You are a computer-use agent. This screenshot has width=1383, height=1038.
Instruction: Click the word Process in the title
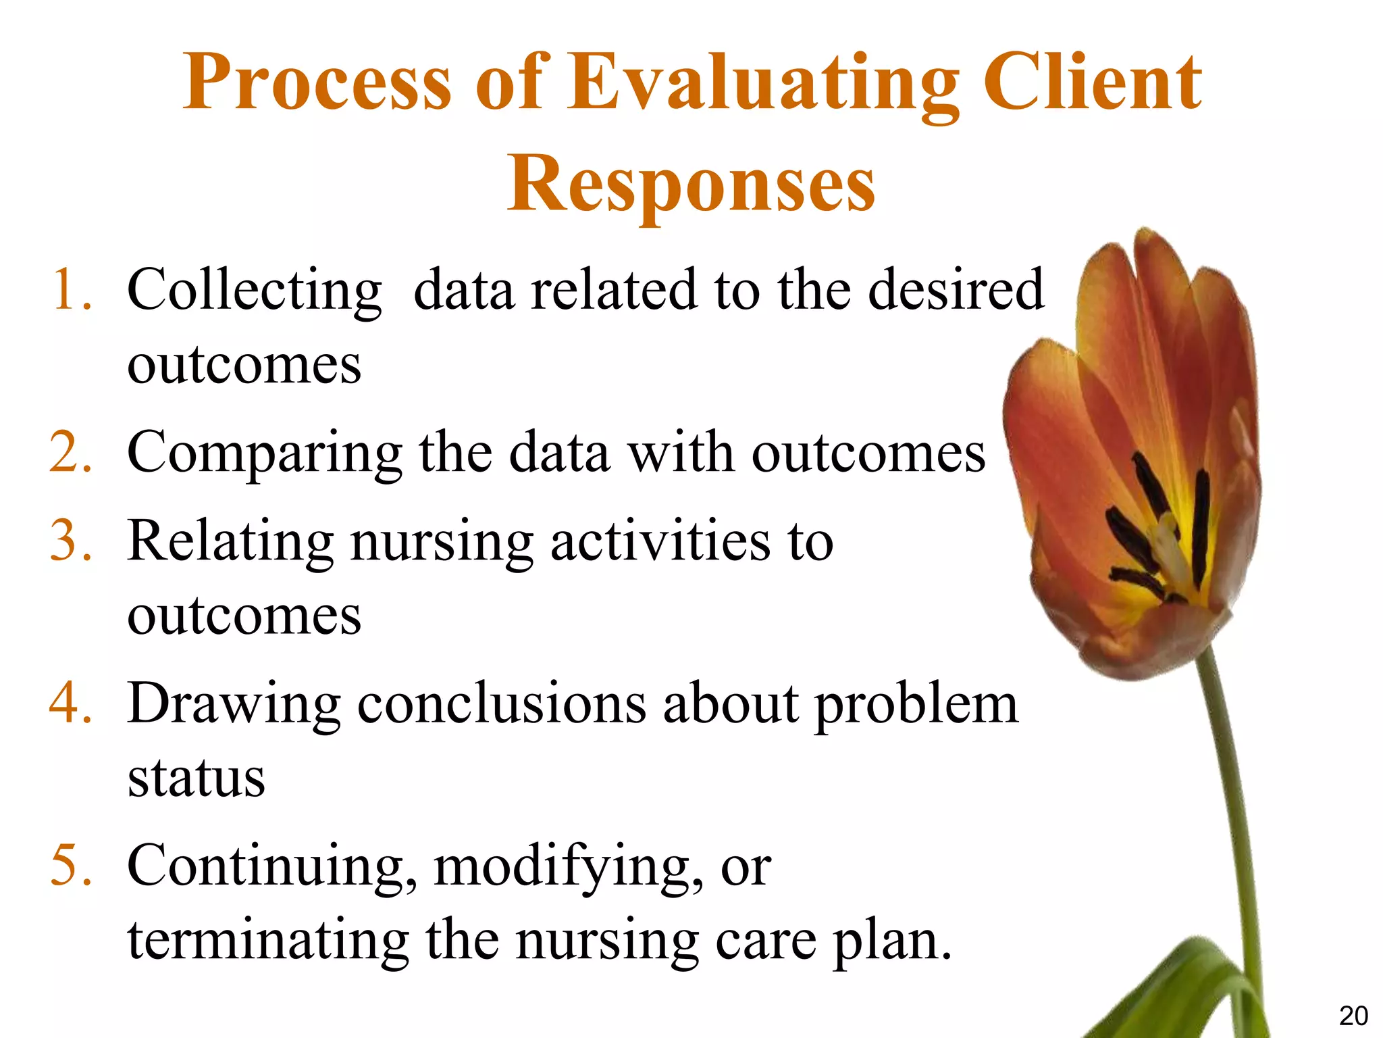316,84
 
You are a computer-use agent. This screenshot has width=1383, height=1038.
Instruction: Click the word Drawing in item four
234,704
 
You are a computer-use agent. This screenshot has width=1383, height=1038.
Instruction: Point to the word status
196,778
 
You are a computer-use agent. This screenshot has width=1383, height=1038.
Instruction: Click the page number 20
1353,1016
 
